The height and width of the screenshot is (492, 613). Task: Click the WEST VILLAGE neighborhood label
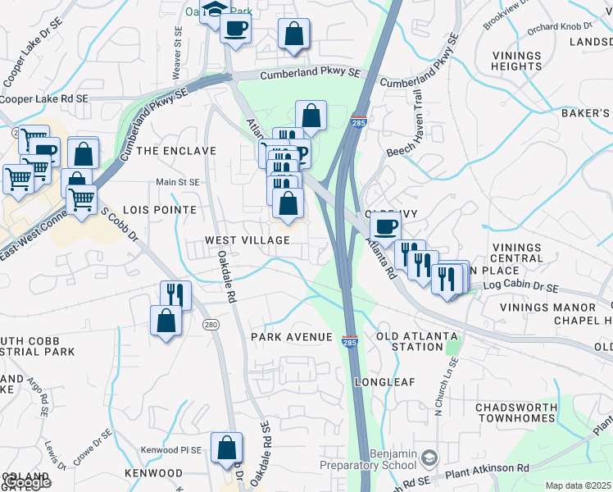(247, 240)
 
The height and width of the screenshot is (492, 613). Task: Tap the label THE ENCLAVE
(175, 151)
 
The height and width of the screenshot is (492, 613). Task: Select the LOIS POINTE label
(160, 210)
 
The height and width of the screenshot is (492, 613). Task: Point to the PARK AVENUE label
(292, 337)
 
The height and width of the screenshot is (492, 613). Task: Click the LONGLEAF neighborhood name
(386, 382)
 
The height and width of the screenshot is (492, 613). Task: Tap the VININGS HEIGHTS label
(517, 60)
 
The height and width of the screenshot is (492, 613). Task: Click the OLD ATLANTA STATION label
(410, 341)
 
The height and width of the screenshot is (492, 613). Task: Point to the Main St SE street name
(178, 182)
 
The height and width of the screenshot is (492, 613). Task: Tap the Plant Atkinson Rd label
(488, 468)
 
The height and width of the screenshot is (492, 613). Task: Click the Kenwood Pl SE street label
(170, 450)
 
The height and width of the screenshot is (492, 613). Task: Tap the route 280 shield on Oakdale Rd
(211, 326)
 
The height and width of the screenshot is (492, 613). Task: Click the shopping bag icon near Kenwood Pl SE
(227, 448)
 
